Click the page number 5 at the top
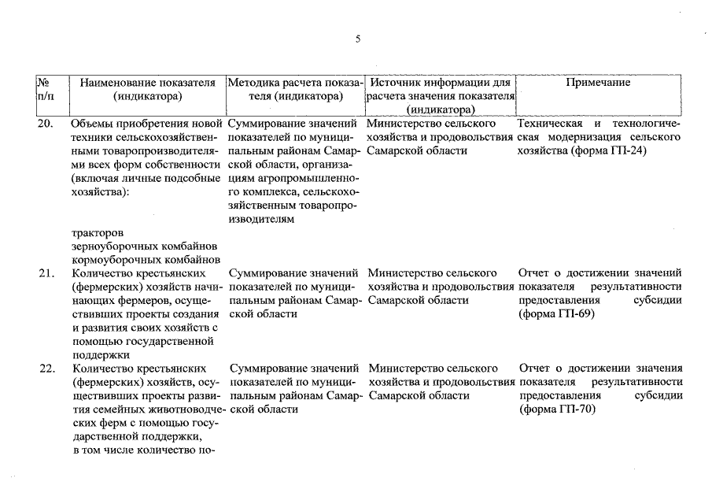coord(357,39)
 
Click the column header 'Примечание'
coord(598,83)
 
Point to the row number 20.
coord(46,124)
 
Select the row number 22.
coord(46,368)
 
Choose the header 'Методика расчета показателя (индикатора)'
coord(296,89)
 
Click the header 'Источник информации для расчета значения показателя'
coord(441,89)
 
